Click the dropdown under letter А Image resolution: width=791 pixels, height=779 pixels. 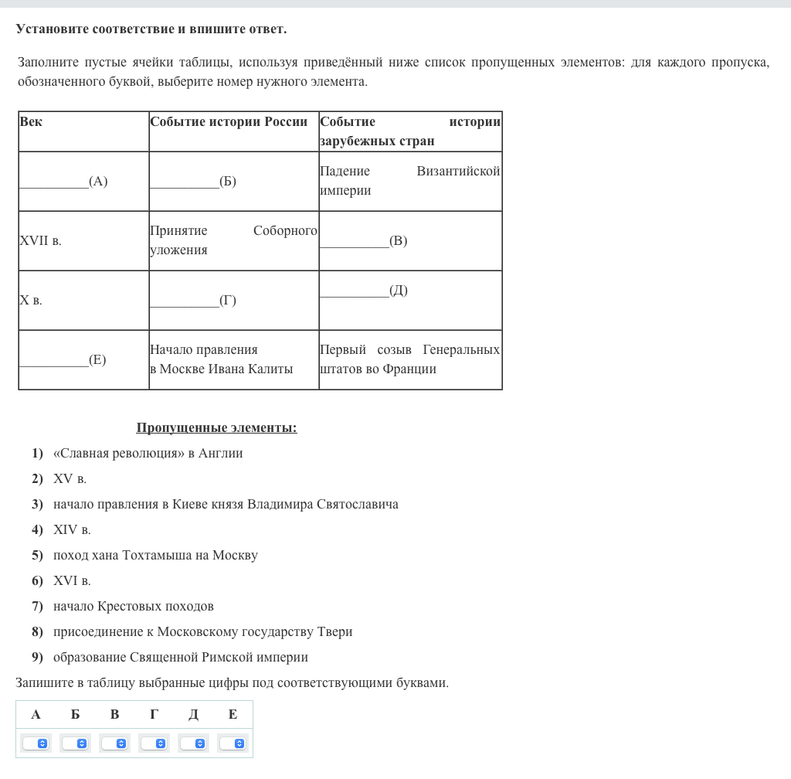tap(36, 743)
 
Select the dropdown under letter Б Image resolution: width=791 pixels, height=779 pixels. tap(75, 743)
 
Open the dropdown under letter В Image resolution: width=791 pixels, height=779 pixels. tap(114, 743)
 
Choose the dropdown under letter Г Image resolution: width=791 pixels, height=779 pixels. tap(154, 743)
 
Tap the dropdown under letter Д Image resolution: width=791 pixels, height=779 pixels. tap(193, 743)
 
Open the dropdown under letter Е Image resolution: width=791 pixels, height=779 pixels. tap(233, 743)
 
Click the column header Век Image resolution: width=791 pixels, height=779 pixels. tap(32, 122)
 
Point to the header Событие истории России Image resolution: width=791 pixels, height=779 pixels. tap(229, 122)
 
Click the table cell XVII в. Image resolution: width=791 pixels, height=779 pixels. tap(40, 241)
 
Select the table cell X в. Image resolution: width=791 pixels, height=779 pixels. tap(31, 301)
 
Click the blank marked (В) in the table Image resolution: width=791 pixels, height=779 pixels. tap(363, 241)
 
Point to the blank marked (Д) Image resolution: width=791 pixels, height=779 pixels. tap(363, 291)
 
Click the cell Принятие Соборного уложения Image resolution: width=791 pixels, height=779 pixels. tap(233, 240)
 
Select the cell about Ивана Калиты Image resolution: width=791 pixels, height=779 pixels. tap(222, 359)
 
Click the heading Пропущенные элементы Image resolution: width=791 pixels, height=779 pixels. tap(216, 428)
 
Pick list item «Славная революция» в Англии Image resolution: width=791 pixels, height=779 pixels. tap(148, 454)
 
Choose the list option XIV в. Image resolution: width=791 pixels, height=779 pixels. tap(72, 530)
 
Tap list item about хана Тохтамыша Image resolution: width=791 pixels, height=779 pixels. tap(155, 556)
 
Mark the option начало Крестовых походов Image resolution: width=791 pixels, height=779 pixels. tap(134, 607)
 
